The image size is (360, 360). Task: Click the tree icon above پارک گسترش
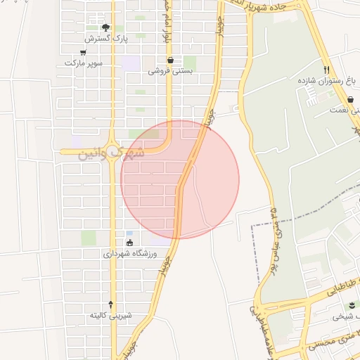coord(105,27)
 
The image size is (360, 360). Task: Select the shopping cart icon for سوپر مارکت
coord(84,53)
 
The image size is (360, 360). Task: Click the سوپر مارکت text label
coord(84,63)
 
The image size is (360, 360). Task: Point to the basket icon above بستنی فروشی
coord(171,60)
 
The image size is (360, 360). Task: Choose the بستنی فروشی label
coord(171,71)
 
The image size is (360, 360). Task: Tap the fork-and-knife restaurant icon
coord(326,70)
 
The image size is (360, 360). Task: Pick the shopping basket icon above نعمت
coord(350,100)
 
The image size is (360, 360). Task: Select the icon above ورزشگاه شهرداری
coord(129,243)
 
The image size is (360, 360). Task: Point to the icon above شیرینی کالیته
coord(110,304)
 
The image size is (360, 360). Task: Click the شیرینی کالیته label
coord(110,315)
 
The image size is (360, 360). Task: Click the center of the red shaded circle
coord(180,179)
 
